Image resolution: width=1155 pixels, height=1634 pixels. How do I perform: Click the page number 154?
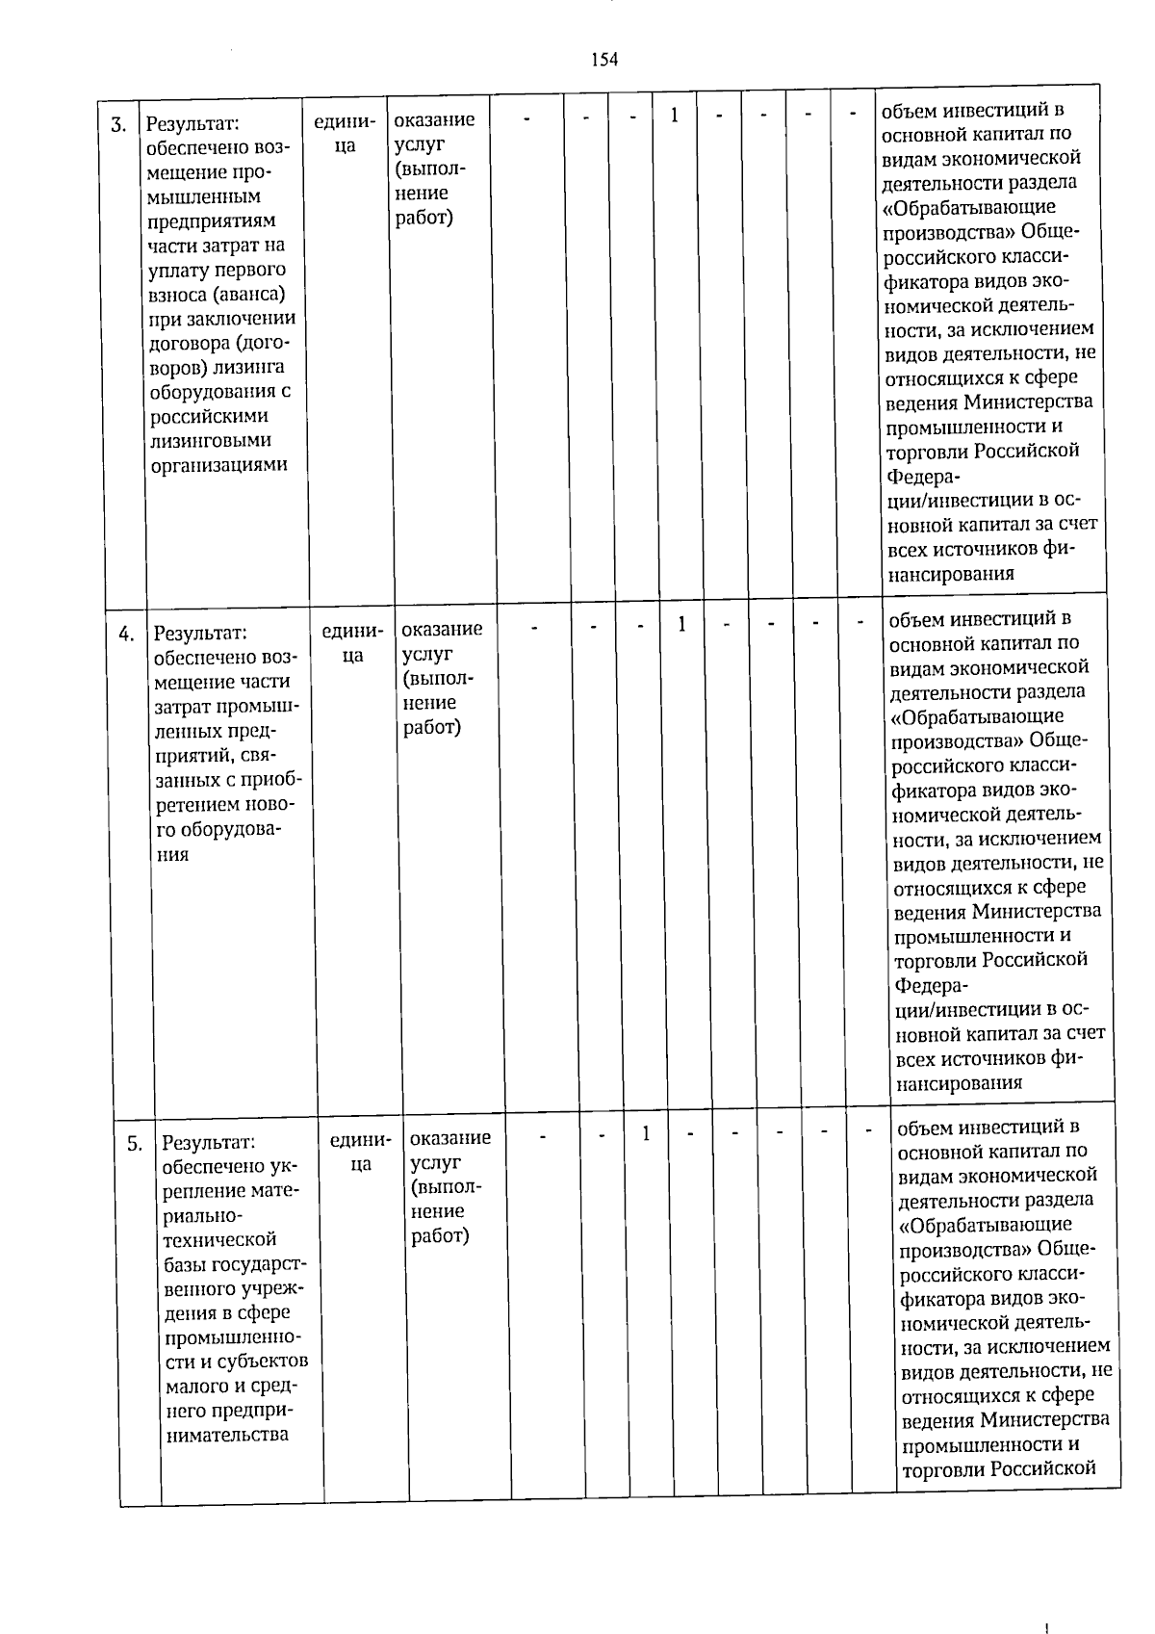pos(603,60)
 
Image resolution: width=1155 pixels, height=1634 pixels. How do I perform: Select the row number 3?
pos(118,124)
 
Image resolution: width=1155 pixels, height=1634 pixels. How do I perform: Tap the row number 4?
pos(126,634)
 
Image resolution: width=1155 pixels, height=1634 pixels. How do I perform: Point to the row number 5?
pos(135,1143)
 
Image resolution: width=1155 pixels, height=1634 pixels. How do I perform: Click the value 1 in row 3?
pos(675,116)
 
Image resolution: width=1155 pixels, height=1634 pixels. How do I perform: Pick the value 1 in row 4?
pos(681,624)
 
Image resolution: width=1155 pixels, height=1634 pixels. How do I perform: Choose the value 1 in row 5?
pos(647,1133)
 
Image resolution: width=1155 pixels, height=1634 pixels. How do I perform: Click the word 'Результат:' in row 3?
pos(192,124)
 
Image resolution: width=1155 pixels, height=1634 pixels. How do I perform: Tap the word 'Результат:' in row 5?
pos(208,1143)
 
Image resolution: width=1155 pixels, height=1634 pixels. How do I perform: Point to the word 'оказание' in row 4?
pos(442,629)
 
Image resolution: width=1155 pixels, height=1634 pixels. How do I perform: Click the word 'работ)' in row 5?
pos(440,1235)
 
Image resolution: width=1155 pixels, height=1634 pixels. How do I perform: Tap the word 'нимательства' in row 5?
pos(227,1435)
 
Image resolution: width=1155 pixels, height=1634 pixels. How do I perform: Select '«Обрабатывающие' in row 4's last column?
pos(977,716)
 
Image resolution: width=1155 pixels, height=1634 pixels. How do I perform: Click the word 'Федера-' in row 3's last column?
pos(920,477)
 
